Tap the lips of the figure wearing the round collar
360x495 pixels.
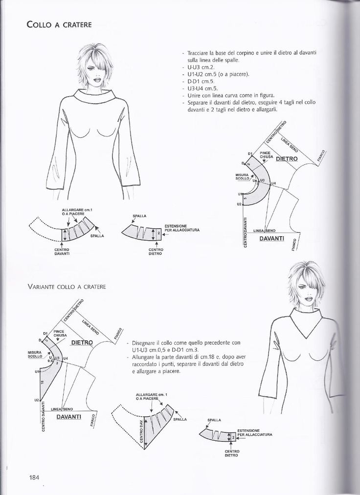tap(96, 79)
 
